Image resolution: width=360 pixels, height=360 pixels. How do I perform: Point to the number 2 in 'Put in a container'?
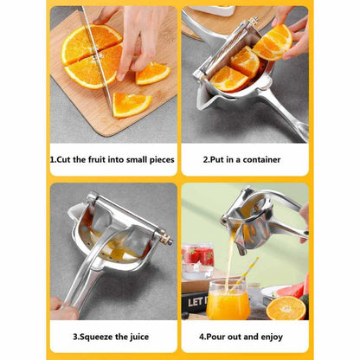[x=205, y=159]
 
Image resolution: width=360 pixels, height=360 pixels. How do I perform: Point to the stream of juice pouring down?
[x=232, y=260]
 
